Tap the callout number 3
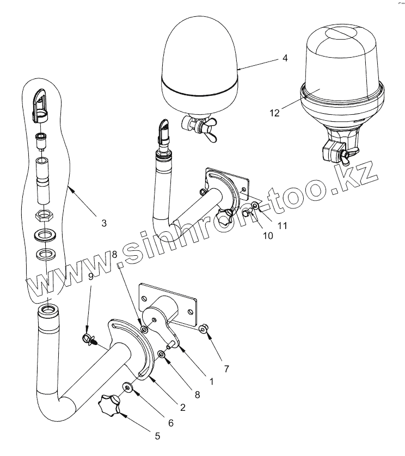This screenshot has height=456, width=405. click(x=103, y=223)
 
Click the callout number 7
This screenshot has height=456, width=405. click(x=227, y=369)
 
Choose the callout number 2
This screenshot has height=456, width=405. click(x=183, y=406)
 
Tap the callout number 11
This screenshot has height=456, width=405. click(x=283, y=224)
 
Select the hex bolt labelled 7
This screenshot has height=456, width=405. click(x=203, y=329)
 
